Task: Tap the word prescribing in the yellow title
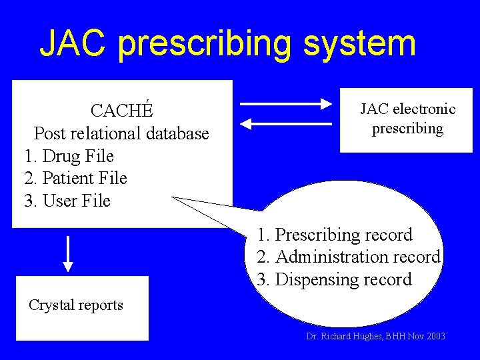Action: (204, 44)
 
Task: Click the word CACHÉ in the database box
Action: (121, 110)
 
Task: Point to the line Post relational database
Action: (121, 133)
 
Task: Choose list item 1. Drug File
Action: (69, 156)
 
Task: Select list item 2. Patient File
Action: (75, 178)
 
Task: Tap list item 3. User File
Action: (67, 201)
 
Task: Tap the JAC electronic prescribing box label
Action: (407, 118)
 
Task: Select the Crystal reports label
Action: (76, 305)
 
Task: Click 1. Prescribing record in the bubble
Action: (335, 235)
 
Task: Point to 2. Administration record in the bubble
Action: (349, 257)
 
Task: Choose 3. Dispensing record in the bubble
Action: (335, 279)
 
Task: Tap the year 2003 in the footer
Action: (434, 337)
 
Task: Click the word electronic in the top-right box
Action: (425, 109)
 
